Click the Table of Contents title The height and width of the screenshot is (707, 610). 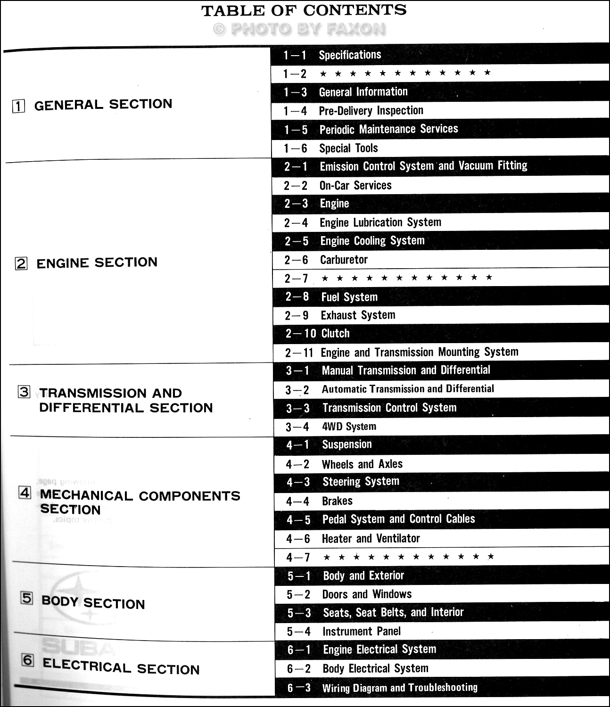304,10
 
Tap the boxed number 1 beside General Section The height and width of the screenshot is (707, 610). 18,106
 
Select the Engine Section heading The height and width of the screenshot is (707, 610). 97,263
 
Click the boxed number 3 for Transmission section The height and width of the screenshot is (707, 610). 24,392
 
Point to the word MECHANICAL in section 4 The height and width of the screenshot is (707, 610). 87,495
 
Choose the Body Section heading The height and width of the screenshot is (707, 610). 93,603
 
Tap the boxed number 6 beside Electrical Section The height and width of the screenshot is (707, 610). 28,660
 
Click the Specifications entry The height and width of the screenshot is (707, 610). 350,55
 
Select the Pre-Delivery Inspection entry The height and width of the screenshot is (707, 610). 371,111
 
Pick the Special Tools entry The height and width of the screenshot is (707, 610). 348,148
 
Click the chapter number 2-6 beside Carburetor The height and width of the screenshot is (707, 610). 296,260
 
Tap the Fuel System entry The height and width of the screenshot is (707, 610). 349,297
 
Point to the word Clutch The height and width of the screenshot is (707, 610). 336,334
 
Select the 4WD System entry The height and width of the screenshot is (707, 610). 349,427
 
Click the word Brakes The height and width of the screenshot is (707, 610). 337,501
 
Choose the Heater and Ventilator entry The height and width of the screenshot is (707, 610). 371,538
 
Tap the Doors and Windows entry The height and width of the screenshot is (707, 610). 367,594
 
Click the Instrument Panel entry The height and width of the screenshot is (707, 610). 362,631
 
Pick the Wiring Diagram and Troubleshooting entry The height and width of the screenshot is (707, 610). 400,688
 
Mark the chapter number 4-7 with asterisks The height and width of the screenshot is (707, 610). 298,558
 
